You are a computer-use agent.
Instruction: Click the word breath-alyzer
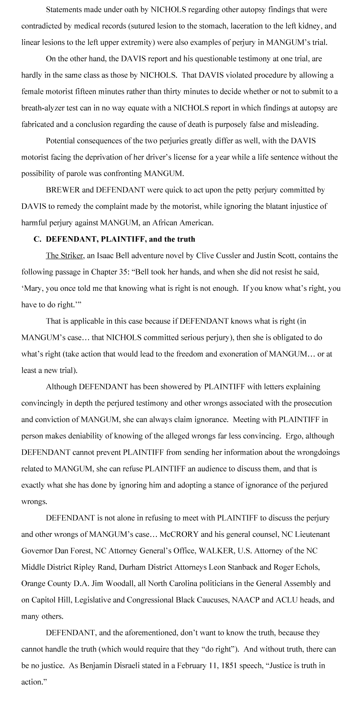[41, 108]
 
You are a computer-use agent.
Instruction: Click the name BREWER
[60, 190]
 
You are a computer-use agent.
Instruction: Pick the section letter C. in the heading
[37, 239]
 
